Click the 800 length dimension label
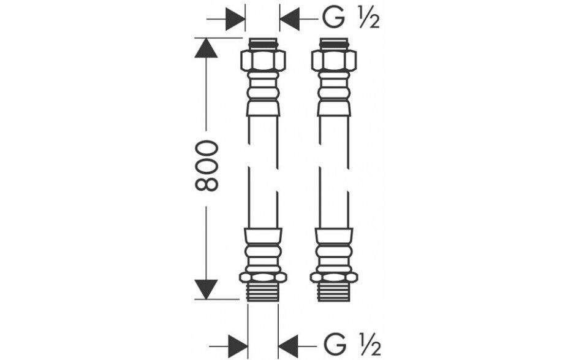click(207, 166)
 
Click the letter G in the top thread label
click(333, 18)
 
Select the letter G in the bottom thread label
click(335, 345)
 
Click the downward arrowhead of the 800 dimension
click(206, 289)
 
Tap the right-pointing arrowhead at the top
click(235, 18)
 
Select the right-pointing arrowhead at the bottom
click(238, 346)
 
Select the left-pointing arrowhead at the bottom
click(288, 346)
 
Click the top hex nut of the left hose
click(263, 60)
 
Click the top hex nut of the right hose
click(333, 60)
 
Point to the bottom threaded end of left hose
click(263, 292)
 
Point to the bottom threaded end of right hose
click(333, 292)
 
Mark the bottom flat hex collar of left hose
click(263, 277)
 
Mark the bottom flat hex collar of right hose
click(333, 277)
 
